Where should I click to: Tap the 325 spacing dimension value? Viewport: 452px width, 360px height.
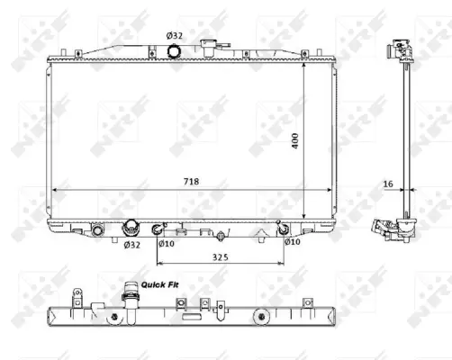coord(221,256)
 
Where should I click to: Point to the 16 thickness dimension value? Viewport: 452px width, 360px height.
coord(388,184)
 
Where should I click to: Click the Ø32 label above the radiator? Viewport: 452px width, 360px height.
coord(174,36)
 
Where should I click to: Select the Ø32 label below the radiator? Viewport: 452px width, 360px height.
coord(132,244)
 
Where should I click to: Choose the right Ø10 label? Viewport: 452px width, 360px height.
coord(292,242)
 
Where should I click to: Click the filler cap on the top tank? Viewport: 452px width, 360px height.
coord(212,45)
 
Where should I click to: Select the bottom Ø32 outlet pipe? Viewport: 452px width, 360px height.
coord(132,229)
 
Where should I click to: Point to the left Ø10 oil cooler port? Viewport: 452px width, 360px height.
coord(158,228)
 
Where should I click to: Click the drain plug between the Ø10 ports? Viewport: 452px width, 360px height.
coord(221,238)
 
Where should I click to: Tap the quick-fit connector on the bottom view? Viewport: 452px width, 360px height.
coord(130,297)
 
